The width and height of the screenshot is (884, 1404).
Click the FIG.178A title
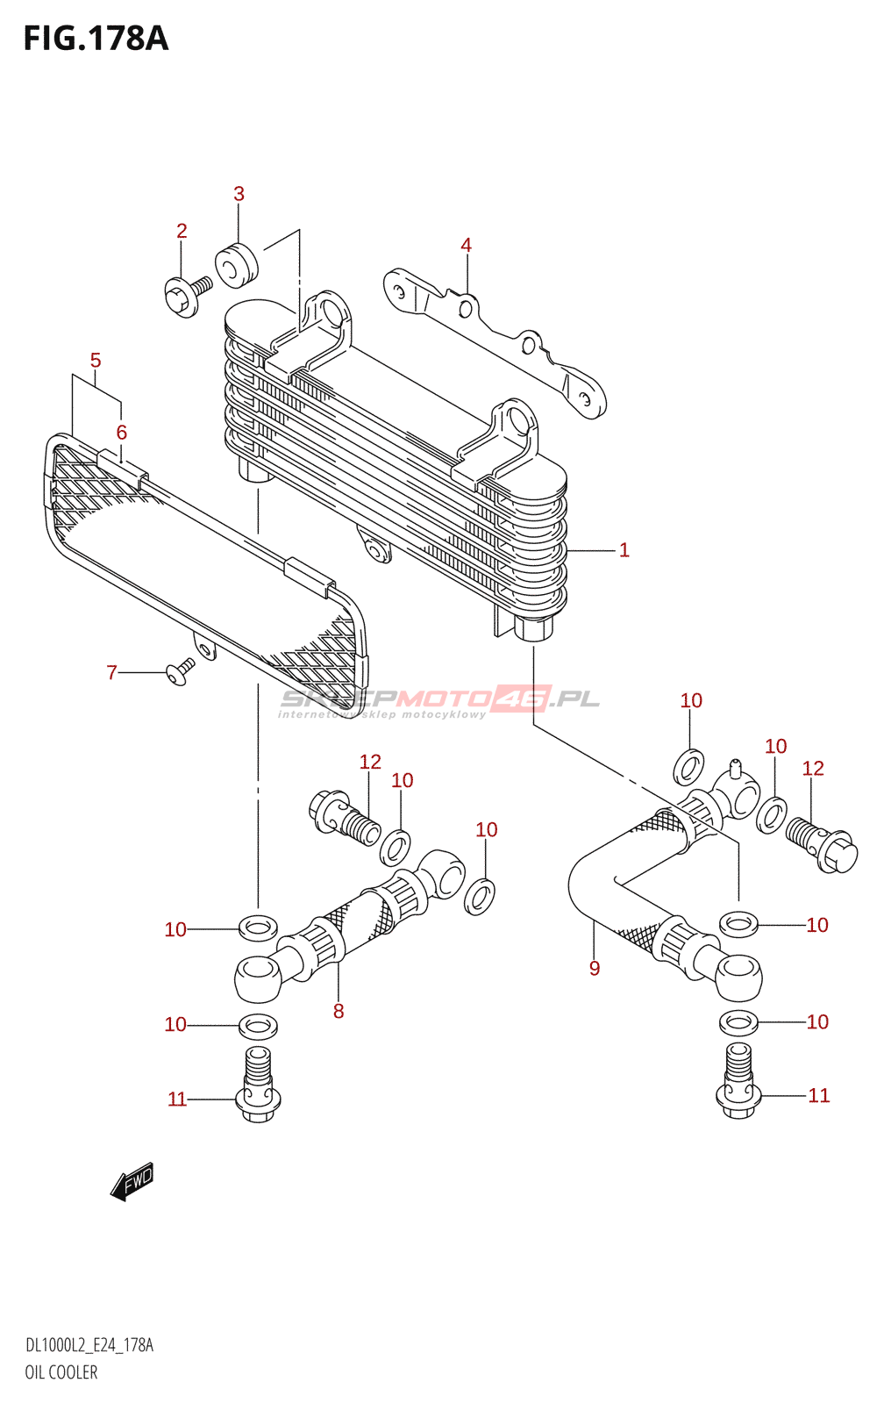click(x=96, y=39)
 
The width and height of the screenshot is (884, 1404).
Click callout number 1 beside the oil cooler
click(x=624, y=550)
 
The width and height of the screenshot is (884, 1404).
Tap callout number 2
click(x=182, y=231)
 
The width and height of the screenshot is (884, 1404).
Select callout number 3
click(x=239, y=194)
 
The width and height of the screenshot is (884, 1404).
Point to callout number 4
click(x=466, y=245)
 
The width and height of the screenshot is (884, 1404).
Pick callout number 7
click(x=111, y=672)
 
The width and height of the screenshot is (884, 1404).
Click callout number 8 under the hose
click(x=339, y=1011)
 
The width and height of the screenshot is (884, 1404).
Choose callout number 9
click(x=595, y=968)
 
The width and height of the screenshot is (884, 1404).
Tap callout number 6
click(x=121, y=432)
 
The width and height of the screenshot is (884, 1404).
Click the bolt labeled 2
click(x=186, y=295)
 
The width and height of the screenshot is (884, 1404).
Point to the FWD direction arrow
click(x=132, y=1182)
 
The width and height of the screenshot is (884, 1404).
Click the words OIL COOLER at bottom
click(x=61, y=1372)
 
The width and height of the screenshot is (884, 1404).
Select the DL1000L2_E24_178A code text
click(x=89, y=1345)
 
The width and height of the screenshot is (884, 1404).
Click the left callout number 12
click(x=370, y=762)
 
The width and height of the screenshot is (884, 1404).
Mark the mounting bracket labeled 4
click(x=495, y=342)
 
